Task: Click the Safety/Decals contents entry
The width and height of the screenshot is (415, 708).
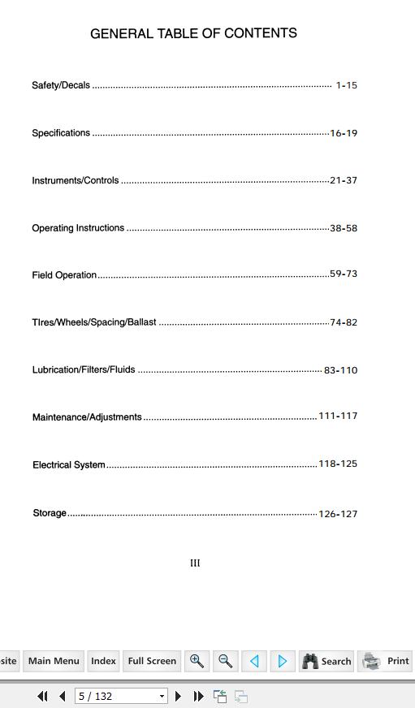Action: click(x=61, y=85)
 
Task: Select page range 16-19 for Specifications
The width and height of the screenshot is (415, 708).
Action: click(x=344, y=133)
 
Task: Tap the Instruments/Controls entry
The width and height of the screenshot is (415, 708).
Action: click(x=76, y=180)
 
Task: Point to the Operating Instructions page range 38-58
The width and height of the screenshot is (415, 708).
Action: click(x=344, y=228)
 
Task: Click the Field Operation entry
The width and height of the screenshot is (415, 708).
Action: click(x=64, y=275)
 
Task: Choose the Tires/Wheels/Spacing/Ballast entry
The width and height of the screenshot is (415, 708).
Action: click(x=94, y=322)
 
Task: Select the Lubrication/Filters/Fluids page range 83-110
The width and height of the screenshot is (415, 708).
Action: click(x=340, y=370)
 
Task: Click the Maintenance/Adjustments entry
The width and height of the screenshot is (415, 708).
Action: click(x=87, y=417)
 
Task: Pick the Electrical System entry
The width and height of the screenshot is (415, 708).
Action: click(x=69, y=465)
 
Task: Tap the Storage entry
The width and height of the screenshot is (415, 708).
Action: click(x=50, y=513)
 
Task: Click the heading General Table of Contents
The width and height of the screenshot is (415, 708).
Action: click(x=193, y=33)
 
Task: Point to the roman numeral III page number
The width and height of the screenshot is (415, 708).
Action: click(x=195, y=563)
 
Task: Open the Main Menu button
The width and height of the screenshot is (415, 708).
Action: click(x=54, y=661)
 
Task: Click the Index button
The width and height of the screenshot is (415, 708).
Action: click(x=103, y=661)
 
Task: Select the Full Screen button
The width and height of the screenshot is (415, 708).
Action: click(x=152, y=661)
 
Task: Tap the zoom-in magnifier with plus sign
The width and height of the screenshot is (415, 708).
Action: click(x=197, y=661)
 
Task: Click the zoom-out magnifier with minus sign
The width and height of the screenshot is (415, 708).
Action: click(x=226, y=661)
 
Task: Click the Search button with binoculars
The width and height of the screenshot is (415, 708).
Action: click(x=326, y=661)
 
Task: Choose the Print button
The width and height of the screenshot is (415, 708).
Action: click(x=386, y=661)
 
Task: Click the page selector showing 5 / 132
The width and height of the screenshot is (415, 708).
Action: click(x=121, y=696)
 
